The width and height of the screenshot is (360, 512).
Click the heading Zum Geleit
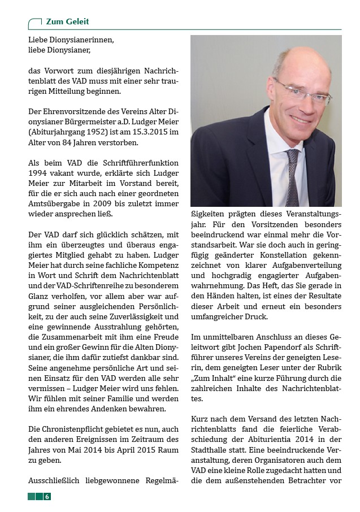[x=67, y=21]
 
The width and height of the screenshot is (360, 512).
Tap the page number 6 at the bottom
[x=47, y=496]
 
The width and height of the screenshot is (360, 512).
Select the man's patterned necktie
[x=293, y=175]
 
